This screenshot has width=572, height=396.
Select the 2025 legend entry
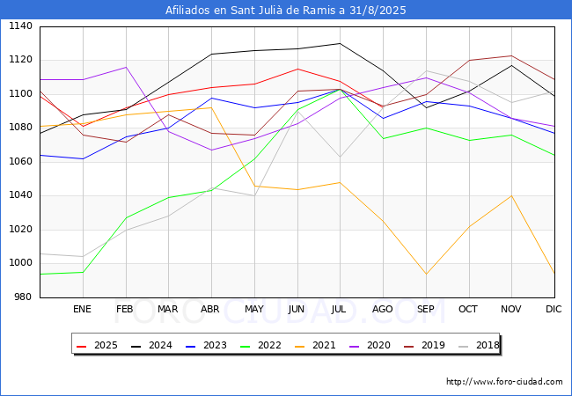point(97,345)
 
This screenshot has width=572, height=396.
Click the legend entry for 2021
point(315,345)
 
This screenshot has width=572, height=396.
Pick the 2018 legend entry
point(479,345)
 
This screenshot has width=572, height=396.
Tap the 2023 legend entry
point(206,345)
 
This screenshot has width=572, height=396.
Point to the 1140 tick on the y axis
point(20,26)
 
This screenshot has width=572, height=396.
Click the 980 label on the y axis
point(23,297)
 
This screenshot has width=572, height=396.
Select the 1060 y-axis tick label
point(20,161)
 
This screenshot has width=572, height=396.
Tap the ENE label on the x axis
point(82,309)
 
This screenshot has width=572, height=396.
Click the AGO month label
point(382,309)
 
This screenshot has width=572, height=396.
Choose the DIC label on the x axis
point(554,309)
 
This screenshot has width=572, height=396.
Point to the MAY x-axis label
point(254,309)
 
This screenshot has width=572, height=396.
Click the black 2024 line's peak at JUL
point(340,43)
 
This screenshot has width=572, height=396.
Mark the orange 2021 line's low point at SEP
point(426,275)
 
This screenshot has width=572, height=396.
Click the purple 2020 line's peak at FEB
point(126,67)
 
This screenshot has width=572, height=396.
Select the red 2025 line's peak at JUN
point(297,69)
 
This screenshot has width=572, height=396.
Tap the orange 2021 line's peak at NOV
point(512,196)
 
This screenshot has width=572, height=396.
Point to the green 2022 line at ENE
point(84,272)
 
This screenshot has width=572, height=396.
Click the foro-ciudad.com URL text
point(504,382)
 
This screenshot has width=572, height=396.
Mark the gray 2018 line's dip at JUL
point(340,157)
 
